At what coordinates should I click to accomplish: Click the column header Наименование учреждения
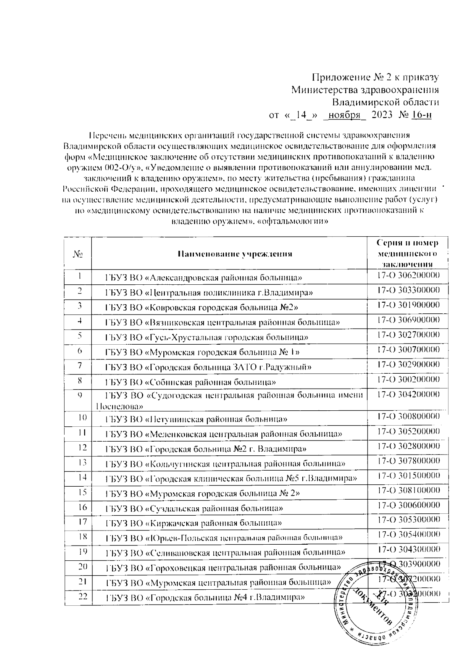tap(235, 253)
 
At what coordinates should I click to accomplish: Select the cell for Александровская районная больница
tap(204, 277)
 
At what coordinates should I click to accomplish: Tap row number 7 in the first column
tap(80, 365)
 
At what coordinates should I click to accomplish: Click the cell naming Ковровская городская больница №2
tap(202, 307)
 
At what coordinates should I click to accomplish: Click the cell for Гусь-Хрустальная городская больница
tap(207, 337)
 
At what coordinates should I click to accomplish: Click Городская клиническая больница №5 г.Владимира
tap(231, 478)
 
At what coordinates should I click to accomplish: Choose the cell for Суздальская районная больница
tap(194, 508)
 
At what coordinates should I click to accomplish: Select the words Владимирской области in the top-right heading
tap(385, 102)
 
